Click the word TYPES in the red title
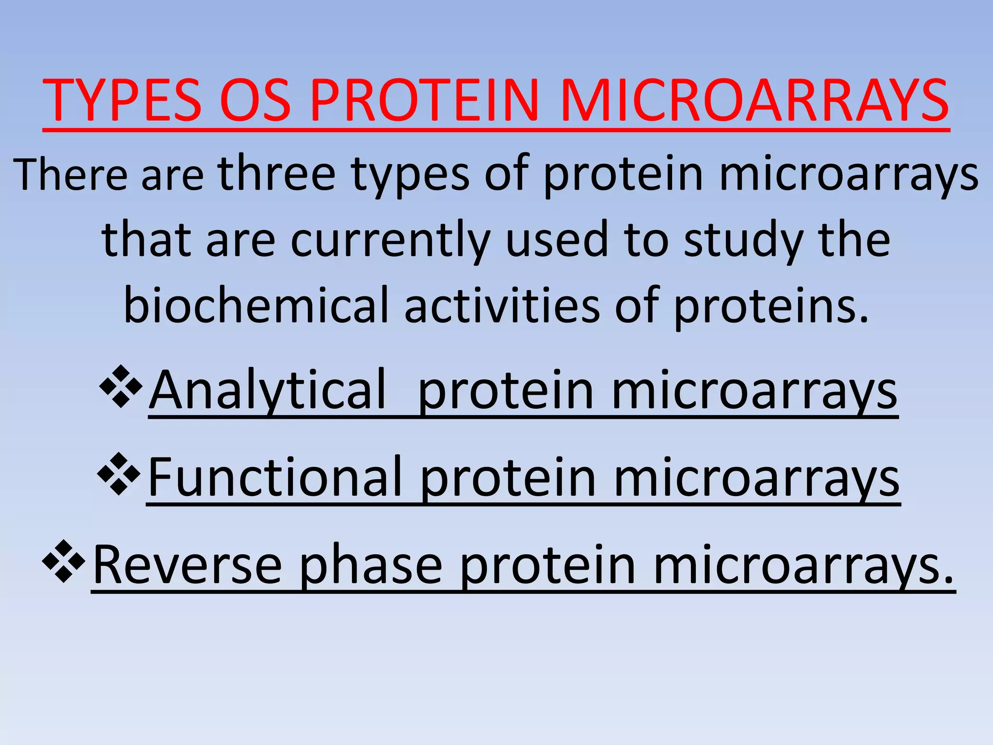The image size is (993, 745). tap(122, 101)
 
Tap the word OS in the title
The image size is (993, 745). tap(255, 101)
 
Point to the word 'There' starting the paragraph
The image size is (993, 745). tap(71, 175)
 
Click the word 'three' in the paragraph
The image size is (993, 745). tap(277, 174)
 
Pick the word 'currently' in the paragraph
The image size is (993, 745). tap(391, 241)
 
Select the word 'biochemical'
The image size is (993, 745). tap(256, 306)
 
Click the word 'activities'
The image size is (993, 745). tap(502, 306)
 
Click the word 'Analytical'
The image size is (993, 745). tap(268, 390)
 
